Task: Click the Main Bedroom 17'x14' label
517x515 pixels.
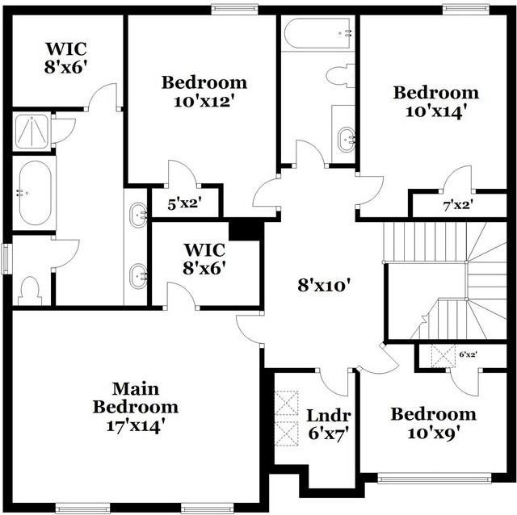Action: tap(135, 407)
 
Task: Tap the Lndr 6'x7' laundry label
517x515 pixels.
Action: tap(329, 424)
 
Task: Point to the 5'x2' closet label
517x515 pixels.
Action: tap(183, 205)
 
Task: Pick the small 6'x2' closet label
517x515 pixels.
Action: tap(468, 354)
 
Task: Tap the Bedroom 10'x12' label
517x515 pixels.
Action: tap(204, 90)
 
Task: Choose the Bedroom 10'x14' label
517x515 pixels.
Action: tap(435, 101)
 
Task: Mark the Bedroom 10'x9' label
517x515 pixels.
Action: tap(433, 423)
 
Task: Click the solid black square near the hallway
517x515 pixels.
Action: tap(246, 230)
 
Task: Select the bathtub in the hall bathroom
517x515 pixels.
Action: tap(319, 33)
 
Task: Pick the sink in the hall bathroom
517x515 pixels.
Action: tap(345, 138)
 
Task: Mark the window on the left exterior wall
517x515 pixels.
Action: tap(6, 258)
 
